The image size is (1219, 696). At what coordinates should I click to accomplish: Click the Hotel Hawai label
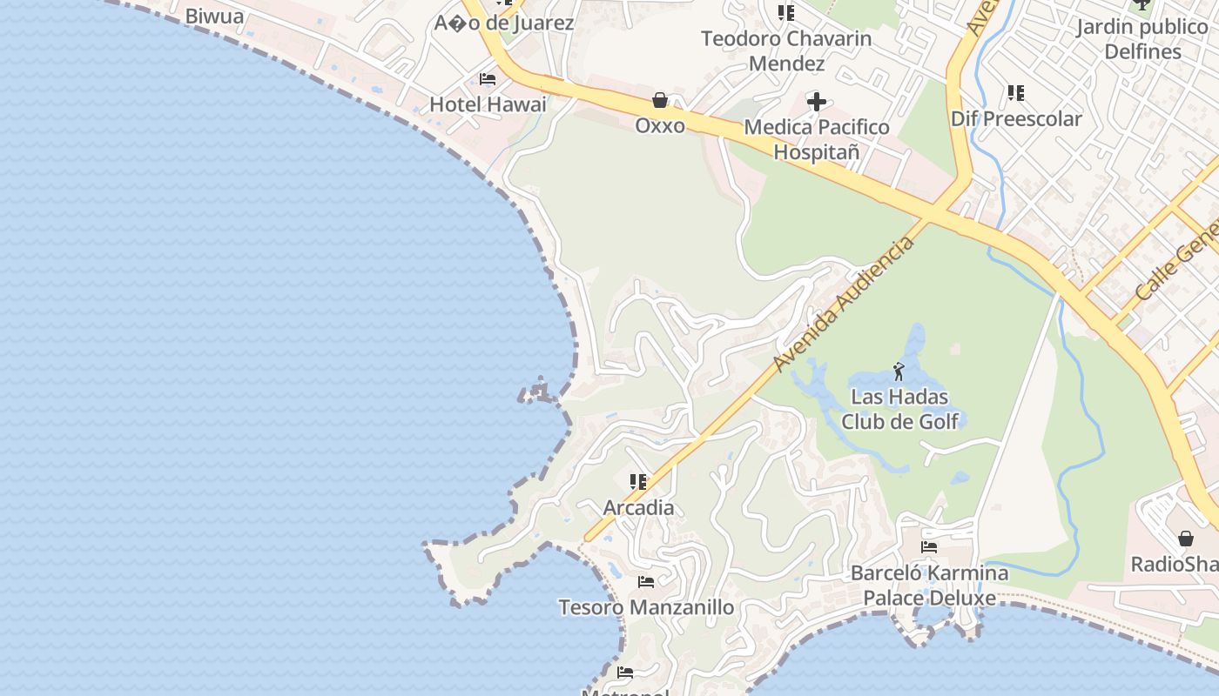tap(488, 104)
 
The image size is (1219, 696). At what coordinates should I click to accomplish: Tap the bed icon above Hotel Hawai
tap(488, 79)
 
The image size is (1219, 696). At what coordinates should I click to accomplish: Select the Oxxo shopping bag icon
tap(660, 100)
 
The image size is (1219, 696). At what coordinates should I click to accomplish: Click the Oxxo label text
tap(660, 125)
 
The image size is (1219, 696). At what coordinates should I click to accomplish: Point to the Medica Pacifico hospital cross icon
tap(817, 102)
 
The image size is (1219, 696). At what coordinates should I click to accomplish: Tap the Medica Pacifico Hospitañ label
tap(817, 139)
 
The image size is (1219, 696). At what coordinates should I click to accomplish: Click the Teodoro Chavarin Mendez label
tap(786, 51)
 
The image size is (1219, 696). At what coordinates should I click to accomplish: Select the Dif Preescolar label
tap(1016, 118)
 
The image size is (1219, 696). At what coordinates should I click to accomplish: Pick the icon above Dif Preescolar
tap(1015, 92)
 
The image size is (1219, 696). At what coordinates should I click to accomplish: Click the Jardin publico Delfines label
tap(1142, 39)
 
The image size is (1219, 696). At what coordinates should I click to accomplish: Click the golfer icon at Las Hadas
tap(899, 372)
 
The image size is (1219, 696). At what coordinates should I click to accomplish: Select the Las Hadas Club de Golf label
tap(899, 410)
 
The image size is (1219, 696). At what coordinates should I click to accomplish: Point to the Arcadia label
tap(639, 507)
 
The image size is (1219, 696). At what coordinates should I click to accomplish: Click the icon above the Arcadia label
tap(638, 482)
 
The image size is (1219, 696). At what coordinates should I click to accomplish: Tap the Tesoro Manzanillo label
tap(646, 607)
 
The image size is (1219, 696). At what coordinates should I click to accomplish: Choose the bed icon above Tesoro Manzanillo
tap(646, 582)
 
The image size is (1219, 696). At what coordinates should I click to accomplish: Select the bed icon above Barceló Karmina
tap(929, 547)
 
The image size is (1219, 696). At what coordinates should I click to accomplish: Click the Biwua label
tap(214, 17)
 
